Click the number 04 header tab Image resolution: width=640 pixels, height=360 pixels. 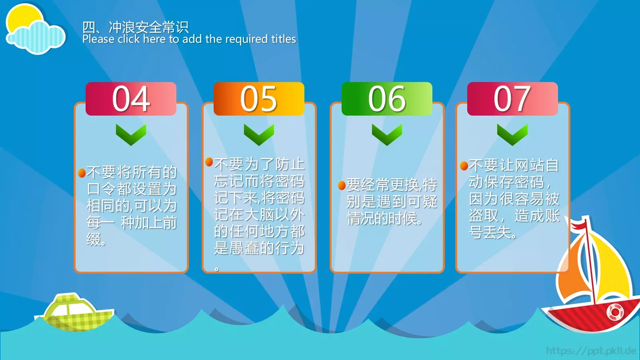click(x=131, y=99)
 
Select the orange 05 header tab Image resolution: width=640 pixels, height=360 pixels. click(x=259, y=99)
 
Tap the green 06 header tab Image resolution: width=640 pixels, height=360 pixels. click(x=387, y=99)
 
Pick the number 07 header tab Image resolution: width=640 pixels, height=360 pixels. click(x=512, y=99)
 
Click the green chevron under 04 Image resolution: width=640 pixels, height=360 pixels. click(x=131, y=134)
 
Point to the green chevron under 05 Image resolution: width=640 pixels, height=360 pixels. click(x=259, y=134)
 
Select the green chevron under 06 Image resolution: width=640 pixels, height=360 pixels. click(x=387, y=134)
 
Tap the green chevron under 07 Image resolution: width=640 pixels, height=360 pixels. click(x=512, y=134)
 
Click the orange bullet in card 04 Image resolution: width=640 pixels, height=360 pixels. click(x=82, y=173)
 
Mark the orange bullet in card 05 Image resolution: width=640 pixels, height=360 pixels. click(x=209, y=162)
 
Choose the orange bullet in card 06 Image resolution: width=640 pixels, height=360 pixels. click(x=342, y=185)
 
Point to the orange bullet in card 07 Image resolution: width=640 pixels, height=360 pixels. click(x=464, y=166)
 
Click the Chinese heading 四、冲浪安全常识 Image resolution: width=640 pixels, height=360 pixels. click(x=135, y=27)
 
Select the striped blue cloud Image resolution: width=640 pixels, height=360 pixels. click(x=38, y=38)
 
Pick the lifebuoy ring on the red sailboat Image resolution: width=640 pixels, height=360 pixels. click(x=615, y=312)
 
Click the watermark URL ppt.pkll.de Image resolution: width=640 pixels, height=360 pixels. click(x=591, y=351)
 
